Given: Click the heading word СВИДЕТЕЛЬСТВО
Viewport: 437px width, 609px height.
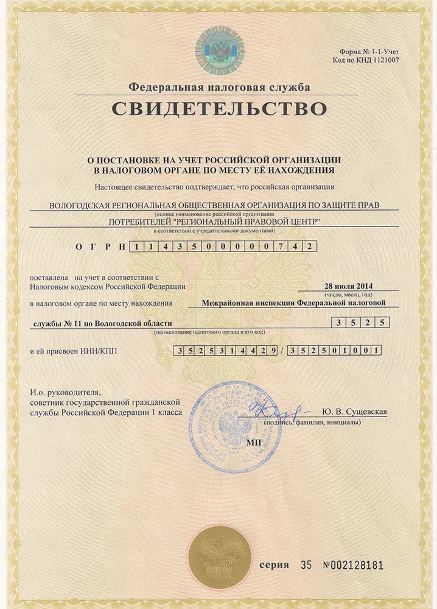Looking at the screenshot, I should [x=218, y=110].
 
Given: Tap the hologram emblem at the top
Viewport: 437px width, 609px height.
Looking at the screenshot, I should [x=218, y=49].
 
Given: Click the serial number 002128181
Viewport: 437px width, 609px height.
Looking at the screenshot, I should [x=354, y=565].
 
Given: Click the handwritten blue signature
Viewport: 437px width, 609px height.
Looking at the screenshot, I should [x=276, y=407].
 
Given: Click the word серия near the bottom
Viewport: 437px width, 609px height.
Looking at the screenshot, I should [x=274, y=565].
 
